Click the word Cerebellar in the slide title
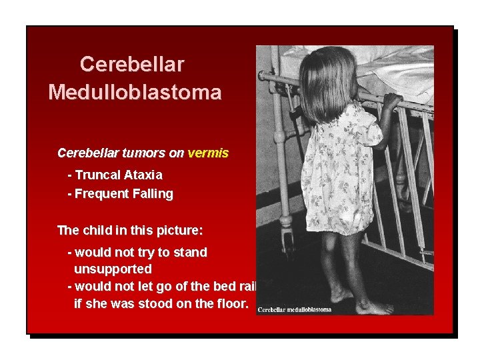click(132, 64)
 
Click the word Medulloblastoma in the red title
click(135, 92)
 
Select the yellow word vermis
click(208, 153)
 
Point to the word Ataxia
click(143, 175)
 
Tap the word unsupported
click(113, 269)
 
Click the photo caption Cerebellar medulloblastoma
click(294, 309)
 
